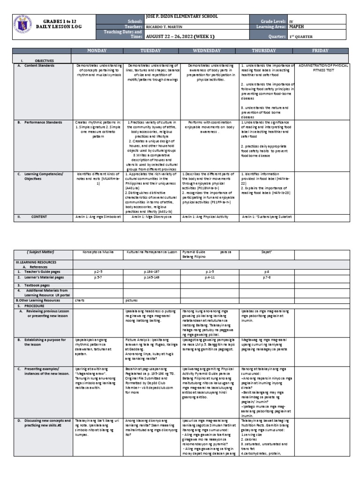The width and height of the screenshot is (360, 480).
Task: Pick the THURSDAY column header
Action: (x=267, y=50)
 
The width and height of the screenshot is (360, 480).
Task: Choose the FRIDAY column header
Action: (x=323, y=50)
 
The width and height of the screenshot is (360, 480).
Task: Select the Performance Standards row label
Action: (x=44, y=123)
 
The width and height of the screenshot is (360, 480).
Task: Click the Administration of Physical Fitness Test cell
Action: (x=323, y=68)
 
